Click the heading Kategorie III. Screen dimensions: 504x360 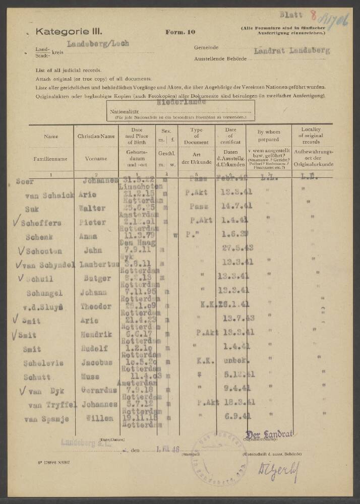coord(63,32)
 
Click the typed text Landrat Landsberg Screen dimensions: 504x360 coord(292,51)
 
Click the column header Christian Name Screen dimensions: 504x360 coord(96,136)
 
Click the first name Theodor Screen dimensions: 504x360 coord(95,306)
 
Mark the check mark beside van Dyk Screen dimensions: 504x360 coord(22,390)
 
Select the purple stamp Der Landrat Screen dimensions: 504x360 coord(269,434)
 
